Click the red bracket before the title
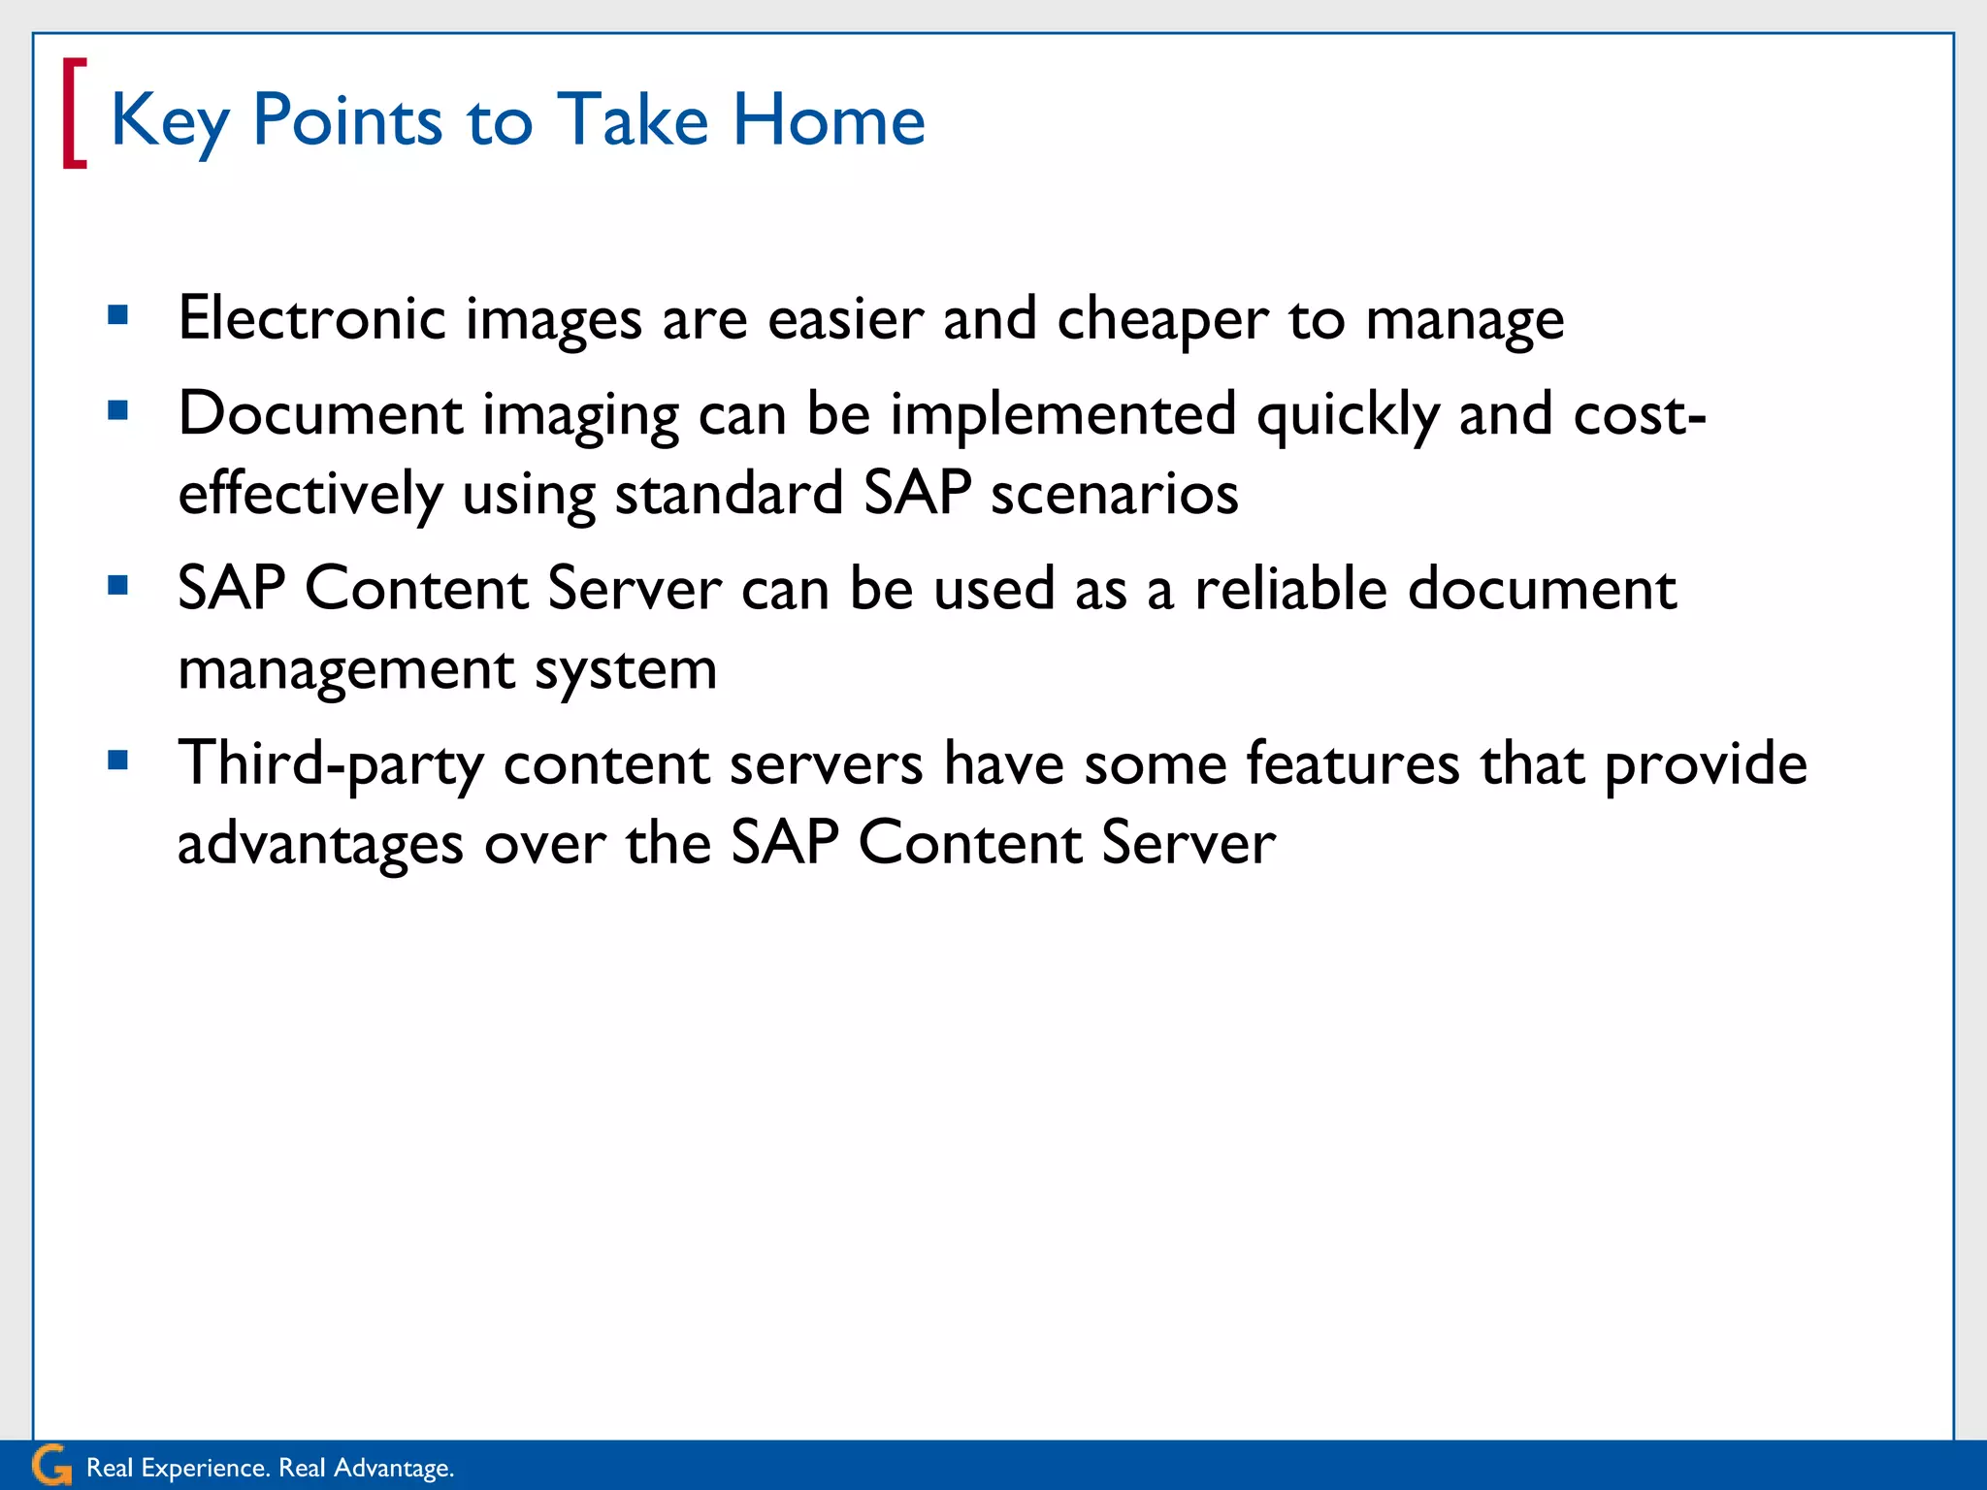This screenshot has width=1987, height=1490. [x=74, y=114]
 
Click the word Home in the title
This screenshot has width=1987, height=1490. [x=829, y=120]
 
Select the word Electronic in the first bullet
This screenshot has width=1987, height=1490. [x=311, y=318]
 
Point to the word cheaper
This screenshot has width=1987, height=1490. [x=1161, y=320]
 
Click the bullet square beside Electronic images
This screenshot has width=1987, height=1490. [x=118, y=314]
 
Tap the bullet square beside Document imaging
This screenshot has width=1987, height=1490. [x=118, y=410]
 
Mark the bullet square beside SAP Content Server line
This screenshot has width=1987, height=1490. [x=118, y=585]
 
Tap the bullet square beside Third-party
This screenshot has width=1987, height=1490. [x=118, y=760]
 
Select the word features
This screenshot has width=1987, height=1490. [x=1352, y=763]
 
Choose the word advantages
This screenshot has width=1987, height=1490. [x=320, y=843]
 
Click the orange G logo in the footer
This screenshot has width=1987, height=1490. [x=50, y=1465]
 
